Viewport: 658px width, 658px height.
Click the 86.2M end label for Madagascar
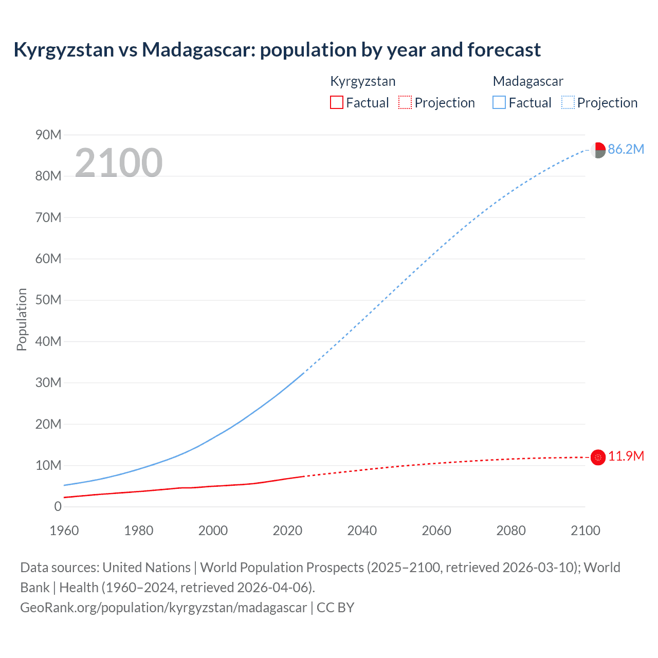click(x=626, y=149)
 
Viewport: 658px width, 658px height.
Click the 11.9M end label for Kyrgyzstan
click(x=626, y=456)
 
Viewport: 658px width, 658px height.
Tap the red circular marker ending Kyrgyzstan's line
click(x=598, y=457)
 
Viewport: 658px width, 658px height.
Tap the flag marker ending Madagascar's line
click(x=597, y=150)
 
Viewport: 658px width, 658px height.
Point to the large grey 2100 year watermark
click(x=119, y=163)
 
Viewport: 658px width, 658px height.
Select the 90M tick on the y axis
click(x=48, y=135)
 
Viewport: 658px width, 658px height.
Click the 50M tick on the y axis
click(x=48, y=300)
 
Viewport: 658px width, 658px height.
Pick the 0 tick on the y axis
click(x=58, y=506)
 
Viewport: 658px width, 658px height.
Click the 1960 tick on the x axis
click(x=64, y=531)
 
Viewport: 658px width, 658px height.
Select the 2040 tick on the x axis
click(x=362, y=531)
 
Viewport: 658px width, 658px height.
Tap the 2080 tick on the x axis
click(x=511, y=531)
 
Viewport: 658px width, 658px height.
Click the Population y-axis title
click(x=22, y=319)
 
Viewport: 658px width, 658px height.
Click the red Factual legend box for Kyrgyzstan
click(x=336, y=102)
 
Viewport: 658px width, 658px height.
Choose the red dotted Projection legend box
click(x=405, y=102)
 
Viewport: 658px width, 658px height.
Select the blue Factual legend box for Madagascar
click(x=499, y=102)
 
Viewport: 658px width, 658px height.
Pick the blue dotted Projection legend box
click(x=568, y=102)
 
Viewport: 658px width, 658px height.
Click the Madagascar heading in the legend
click(x=528, y=81)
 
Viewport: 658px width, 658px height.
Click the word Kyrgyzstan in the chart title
click(x=64, y=50)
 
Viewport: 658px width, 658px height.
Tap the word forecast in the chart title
click(x=504, y=50)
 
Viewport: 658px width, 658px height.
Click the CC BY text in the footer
click(x=336, y=607)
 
